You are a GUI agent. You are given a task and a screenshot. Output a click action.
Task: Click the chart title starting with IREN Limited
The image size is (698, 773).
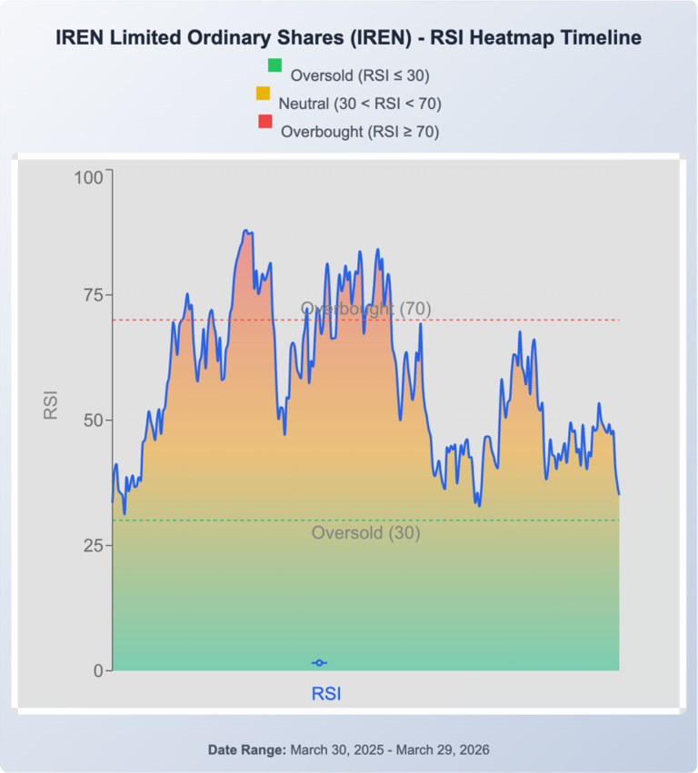click(x=349, y=37)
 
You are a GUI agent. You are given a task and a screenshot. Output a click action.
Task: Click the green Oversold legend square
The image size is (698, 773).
click(x=274, y=65)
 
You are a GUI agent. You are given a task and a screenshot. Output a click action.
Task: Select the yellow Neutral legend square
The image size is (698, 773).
click(x=264, y=94)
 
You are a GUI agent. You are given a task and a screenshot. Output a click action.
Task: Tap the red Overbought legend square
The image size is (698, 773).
click(x=265, y=122)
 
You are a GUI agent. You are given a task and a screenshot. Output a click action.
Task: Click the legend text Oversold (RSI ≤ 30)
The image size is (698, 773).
click(x=360, y=75)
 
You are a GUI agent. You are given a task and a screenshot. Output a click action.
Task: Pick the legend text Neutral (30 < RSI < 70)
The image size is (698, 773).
click(x=360, y=104)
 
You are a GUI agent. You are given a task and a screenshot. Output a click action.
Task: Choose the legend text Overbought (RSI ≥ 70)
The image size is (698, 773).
click(x=360, y=132)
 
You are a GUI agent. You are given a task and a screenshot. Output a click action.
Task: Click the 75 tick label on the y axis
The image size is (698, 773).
click(x=93, y=296)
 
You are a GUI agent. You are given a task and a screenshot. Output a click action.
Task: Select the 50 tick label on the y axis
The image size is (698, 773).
click(x=93, y=421)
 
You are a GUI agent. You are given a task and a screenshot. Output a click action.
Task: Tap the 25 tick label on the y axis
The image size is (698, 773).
click(x=93, y=545)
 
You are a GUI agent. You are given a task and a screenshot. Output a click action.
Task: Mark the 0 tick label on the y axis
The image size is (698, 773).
click(x=98, y=670)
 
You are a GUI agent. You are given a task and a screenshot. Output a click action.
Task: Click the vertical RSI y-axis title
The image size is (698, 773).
click(x=51, y=405)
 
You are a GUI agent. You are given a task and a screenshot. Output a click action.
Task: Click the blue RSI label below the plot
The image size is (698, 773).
click(x=326, y=694)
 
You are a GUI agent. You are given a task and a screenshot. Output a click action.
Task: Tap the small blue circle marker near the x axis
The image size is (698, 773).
click(x=319, y=663)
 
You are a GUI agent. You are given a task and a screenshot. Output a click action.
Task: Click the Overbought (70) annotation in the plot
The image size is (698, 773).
click(x=365, y=309)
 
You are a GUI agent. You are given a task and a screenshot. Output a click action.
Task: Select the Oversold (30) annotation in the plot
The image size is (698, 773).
click(x=365, y=533)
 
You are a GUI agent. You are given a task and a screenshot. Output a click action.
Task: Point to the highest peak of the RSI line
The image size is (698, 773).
click(x=246, y=232)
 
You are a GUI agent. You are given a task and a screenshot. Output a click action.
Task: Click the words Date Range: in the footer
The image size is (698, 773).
click(x=247, y=749)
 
